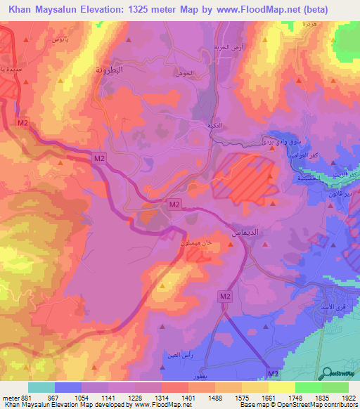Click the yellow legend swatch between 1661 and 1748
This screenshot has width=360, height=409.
point(282,387)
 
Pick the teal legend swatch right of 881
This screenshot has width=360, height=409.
point(41,387)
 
